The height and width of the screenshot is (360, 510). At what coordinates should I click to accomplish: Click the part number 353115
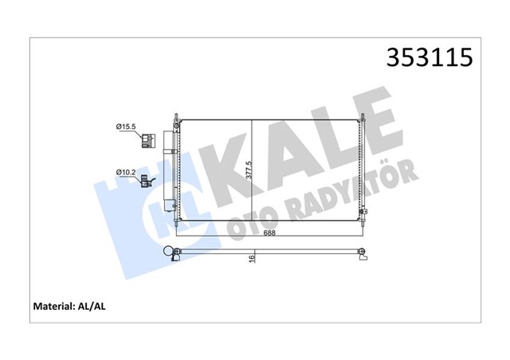pos(430,57)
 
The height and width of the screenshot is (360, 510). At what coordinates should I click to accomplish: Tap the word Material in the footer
pos(53,307)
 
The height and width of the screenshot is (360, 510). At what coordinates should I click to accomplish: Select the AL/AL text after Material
pos(92,307)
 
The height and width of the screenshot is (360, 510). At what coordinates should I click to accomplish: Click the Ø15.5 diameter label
pos(126,127)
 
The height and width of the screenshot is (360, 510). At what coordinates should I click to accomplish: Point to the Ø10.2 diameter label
pos(126,172)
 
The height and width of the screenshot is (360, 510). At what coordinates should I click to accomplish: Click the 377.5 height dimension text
pos(249,170)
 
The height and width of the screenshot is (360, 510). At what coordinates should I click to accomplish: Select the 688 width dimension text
pos(269,233)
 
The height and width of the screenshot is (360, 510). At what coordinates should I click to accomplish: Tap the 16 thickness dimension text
pos(252,259)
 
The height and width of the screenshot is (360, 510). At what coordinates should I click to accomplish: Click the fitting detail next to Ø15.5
pos(147,140)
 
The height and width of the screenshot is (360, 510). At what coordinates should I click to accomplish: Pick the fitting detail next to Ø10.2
pos(147,181)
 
